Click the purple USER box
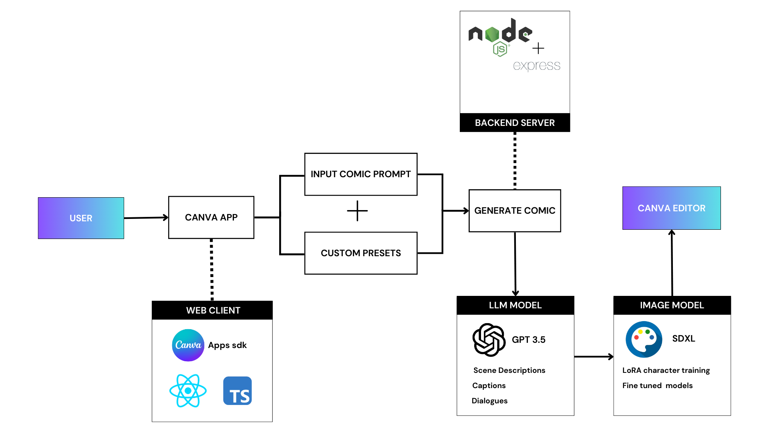click(81, 218)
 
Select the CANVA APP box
click(211, 217)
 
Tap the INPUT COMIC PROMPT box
click(360, 174)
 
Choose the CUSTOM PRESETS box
click(360, 253)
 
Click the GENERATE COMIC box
click(515, 210)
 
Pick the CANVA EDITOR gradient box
click(671, 208)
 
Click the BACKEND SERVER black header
click(515, 123)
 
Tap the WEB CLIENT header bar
click(212, 310)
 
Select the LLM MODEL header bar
click(515, 305)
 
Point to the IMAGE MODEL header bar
click(672, 305)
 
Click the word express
click(536, 65)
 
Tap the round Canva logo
click(188, 345)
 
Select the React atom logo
click(188, 391)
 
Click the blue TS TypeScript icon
click(238, 391)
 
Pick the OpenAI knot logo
click(489, 340)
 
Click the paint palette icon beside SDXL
click(644, 339)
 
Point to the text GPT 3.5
click(528, 340)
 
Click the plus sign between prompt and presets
click(357, 211)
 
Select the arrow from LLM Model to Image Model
click(594, 356)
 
